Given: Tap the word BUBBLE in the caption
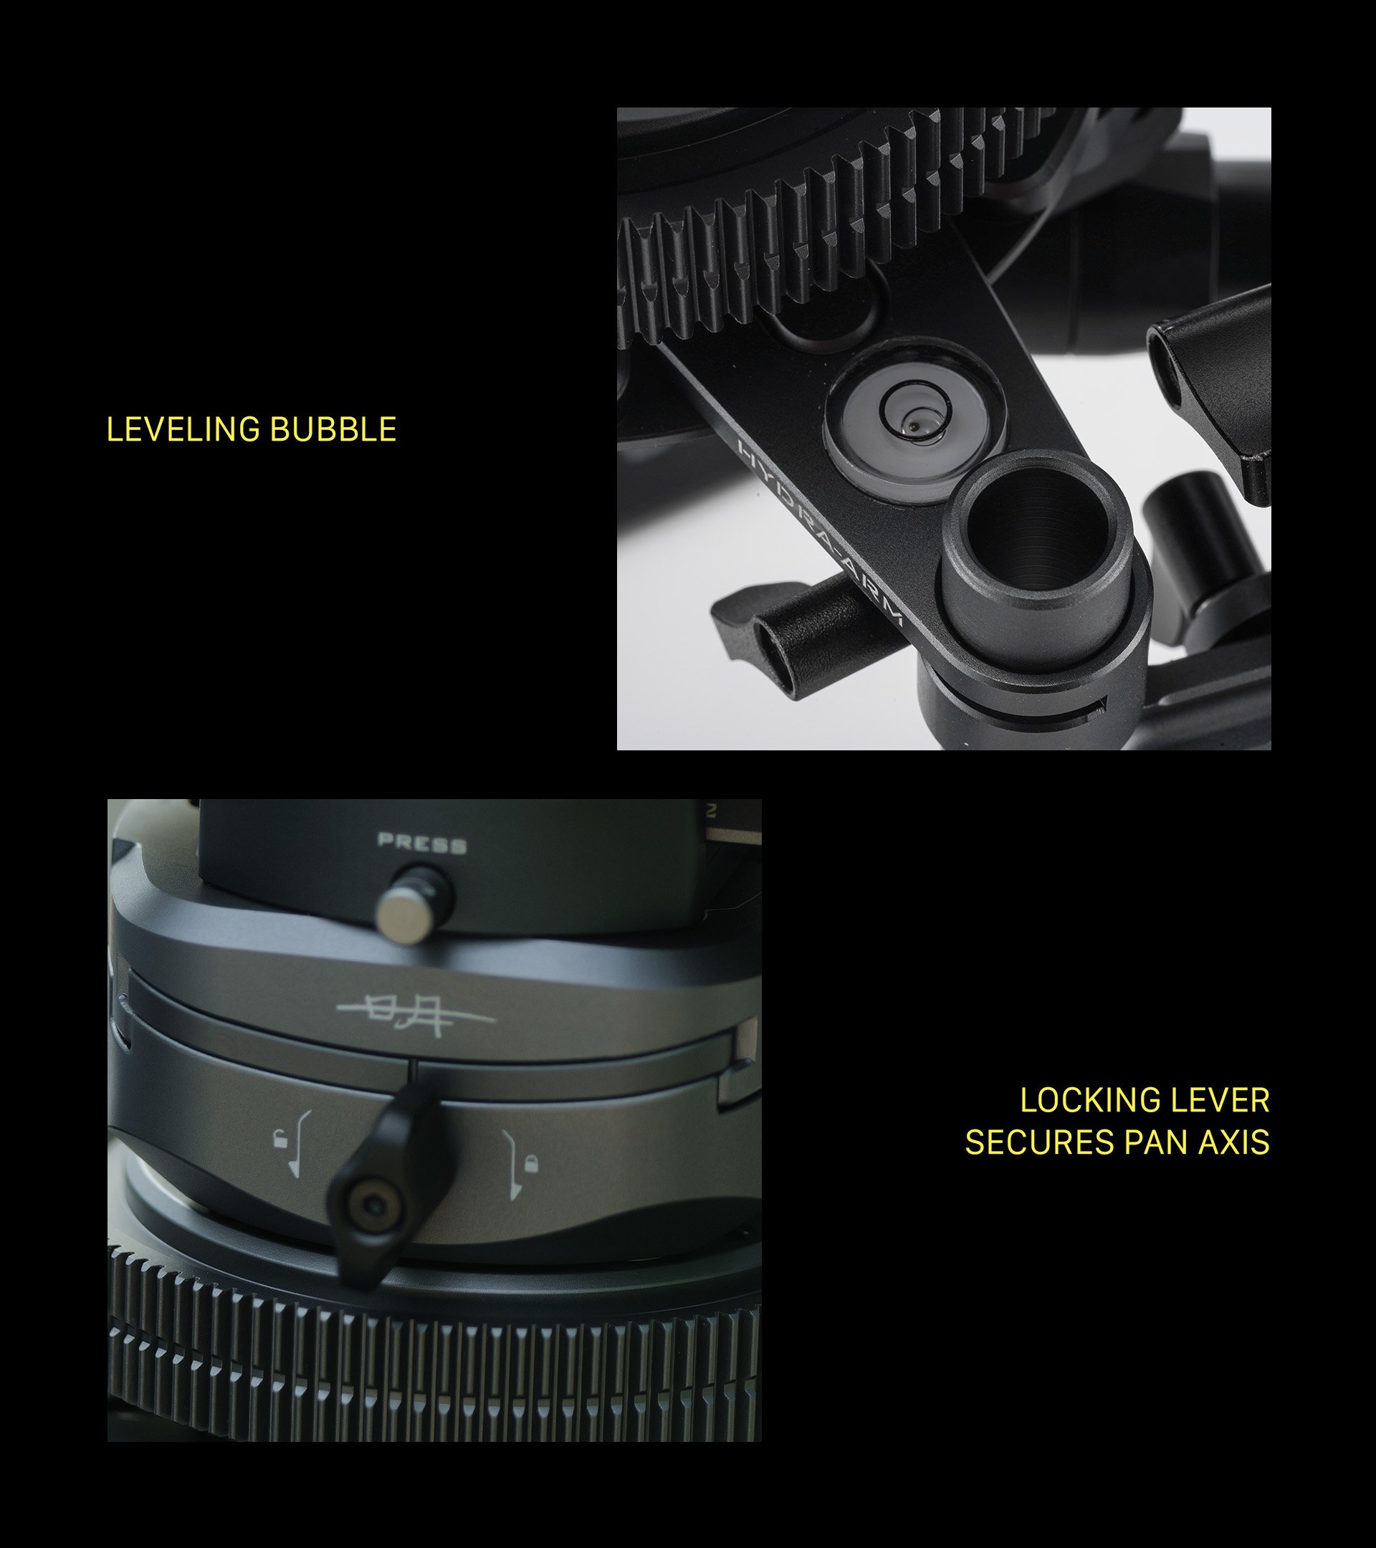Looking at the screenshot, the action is (x=334, y=429).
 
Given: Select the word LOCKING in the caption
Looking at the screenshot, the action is (x=1080, y=1100).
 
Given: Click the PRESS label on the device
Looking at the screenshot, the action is (x=422, y=843).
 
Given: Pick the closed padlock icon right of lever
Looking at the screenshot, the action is (x=532, y=1160).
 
